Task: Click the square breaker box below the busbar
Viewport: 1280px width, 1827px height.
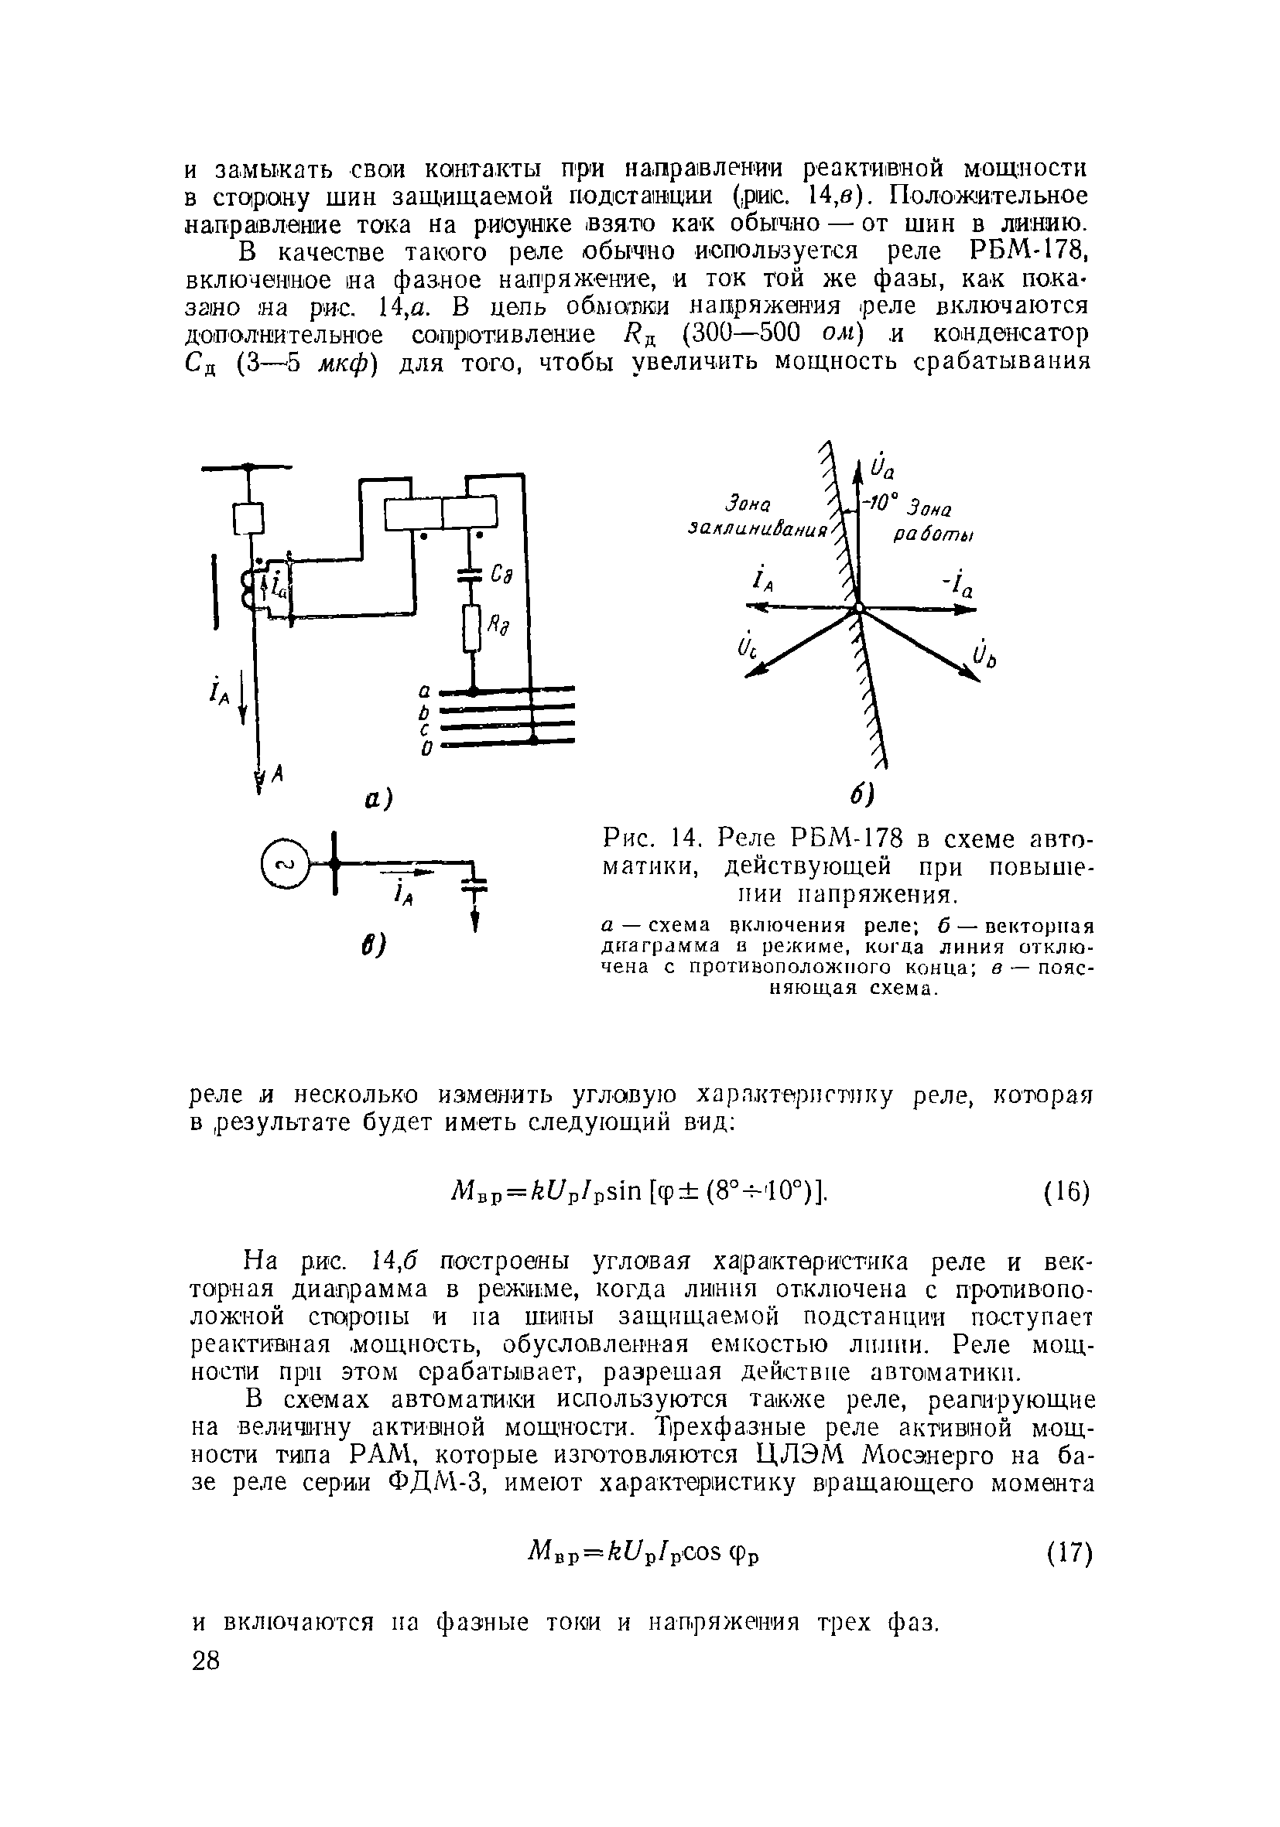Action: (x=248, y=519)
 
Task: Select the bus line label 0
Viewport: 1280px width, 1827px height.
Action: (x=426, y=748)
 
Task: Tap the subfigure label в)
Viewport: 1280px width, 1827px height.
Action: (x=372, y=945)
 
